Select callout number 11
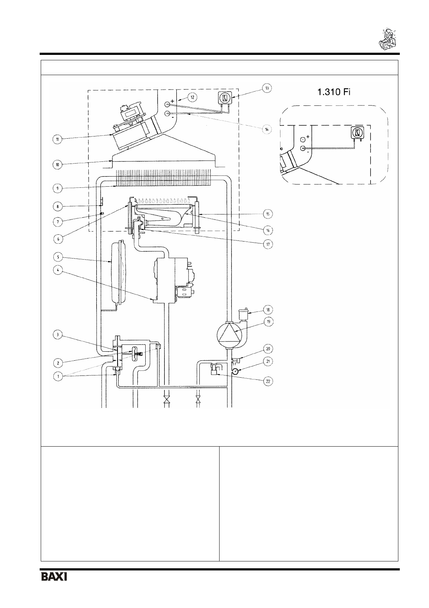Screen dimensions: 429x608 click(x=57, y=139)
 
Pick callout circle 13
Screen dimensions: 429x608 click(x=267, y=88)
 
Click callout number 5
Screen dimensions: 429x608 click(x=58, y=257)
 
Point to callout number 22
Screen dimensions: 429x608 click(x=268, y=381)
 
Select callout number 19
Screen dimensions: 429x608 click(x=268, y=322)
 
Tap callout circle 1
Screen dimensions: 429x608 click(x=58, y=377)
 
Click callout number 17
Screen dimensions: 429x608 click(x=268, y=244)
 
